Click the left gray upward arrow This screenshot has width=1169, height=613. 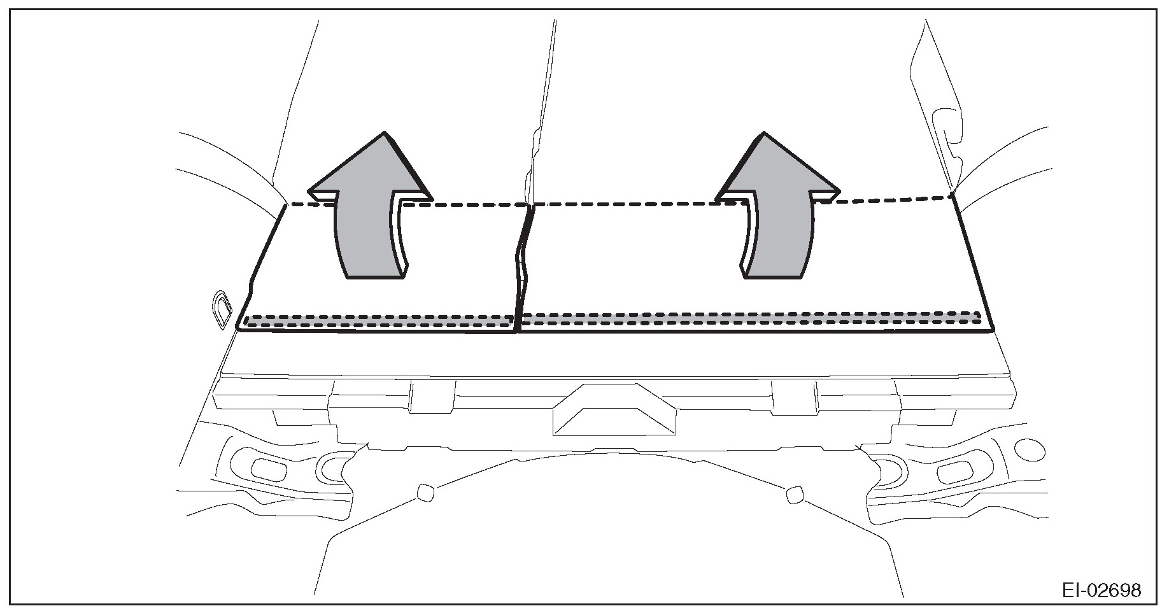point(369,210)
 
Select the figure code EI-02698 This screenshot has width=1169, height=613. point(1101,590)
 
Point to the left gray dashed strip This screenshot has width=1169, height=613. point(379,320)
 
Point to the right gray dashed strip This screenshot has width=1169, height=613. point(751,318)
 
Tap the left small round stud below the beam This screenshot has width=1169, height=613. point(425,492)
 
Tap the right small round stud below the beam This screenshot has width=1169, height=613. point(794,494)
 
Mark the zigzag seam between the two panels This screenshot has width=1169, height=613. point(523,267)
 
